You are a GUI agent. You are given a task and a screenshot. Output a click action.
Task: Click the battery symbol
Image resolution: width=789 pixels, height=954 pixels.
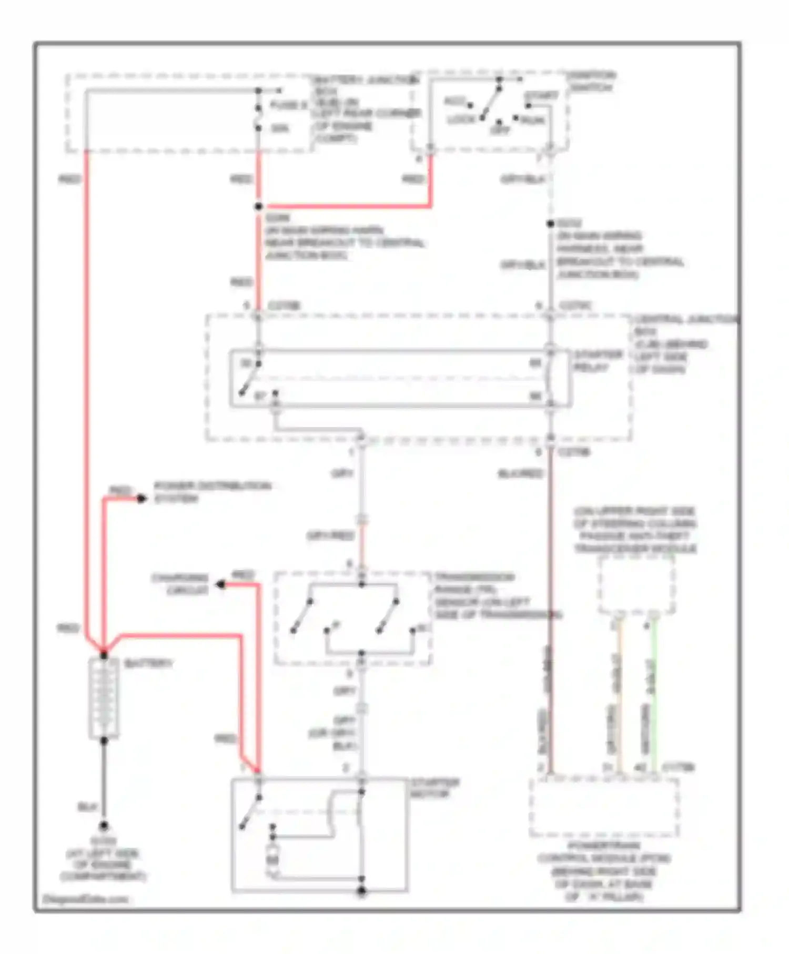104,698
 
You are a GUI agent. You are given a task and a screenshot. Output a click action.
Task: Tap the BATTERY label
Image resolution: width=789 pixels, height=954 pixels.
148,663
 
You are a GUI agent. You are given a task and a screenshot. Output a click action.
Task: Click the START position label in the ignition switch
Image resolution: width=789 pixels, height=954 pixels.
541,97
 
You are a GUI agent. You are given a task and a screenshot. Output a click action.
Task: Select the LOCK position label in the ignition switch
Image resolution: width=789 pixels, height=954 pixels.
461,120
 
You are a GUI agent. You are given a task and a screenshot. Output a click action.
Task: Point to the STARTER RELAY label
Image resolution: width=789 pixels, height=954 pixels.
598,361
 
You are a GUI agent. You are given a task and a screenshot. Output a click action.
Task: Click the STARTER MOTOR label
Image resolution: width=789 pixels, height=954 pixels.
435,788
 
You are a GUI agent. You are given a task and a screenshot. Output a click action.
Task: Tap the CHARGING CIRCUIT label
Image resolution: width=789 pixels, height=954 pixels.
180,584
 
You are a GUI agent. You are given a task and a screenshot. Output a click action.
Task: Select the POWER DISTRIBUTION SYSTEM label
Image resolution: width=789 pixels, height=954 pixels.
212,492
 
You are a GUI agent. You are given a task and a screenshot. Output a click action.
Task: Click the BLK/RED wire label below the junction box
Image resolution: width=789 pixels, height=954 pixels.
520,474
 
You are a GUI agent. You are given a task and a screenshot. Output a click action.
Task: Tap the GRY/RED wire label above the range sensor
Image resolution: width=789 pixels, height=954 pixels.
330,536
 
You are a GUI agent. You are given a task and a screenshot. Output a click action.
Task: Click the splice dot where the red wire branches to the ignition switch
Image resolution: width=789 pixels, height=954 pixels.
258,207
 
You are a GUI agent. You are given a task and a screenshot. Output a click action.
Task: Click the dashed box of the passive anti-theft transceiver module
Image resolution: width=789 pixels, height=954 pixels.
636,585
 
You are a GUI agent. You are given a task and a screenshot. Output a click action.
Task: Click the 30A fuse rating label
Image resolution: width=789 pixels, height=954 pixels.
279,128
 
